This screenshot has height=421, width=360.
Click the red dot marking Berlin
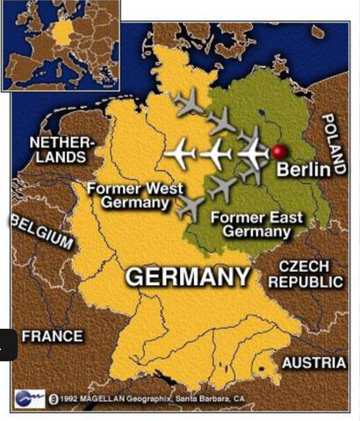[x=280, y=153]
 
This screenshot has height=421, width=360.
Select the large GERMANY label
[x=187, y=277]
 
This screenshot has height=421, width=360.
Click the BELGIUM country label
[x=40, y=230]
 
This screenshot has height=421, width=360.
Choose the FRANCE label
[x=52, y=336]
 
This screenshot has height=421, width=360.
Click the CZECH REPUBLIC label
[x=306, y=273]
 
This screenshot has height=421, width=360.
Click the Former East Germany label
[x=250, y=225]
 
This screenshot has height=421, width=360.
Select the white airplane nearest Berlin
[x=253, y=153]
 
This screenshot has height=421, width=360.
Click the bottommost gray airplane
[x=190, y=208]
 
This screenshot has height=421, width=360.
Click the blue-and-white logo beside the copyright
[x=28, y=398]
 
